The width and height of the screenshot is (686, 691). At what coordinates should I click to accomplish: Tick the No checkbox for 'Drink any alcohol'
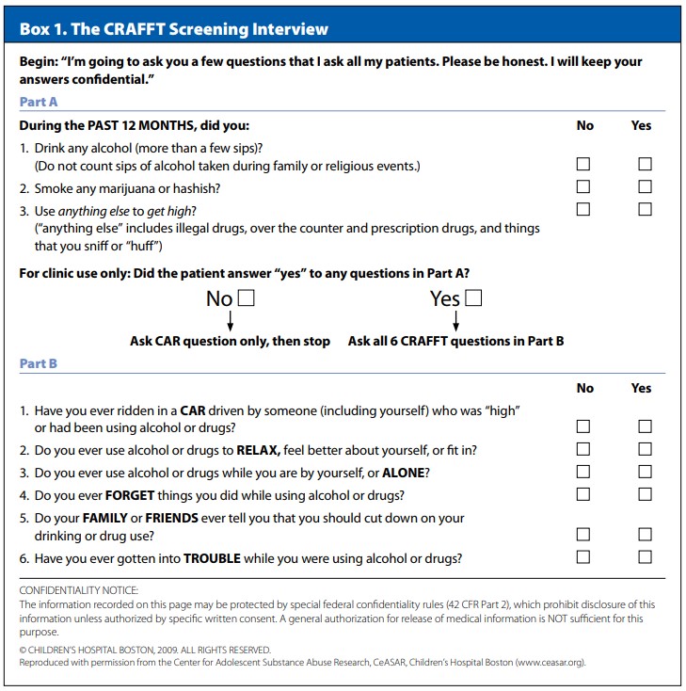(x=583, y=164)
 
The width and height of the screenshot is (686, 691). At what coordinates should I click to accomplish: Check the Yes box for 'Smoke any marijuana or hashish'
(x=645, y=186)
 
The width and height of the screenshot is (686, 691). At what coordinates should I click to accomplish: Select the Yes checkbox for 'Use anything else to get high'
(x=645, y=209)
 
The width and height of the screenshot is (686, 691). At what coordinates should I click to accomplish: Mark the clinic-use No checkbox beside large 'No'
(x=247, y=299)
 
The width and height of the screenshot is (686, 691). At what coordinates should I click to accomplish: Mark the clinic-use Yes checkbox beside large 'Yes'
(x=473, y=299)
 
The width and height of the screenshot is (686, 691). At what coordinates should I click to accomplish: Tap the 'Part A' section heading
(x=39, y=102)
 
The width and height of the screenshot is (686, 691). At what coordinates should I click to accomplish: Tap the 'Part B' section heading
(x=39, y=363)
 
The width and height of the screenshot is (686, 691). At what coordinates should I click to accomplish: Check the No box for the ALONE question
(x=583, y=472)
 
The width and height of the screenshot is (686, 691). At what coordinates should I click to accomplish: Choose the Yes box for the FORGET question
(x=645, y=494)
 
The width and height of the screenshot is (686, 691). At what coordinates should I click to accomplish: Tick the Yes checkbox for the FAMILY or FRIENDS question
(x=645, y=534)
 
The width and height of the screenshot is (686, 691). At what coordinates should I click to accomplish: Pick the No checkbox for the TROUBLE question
(x=583, y=556)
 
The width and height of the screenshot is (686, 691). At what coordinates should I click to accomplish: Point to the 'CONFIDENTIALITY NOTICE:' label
(x=78, y=589)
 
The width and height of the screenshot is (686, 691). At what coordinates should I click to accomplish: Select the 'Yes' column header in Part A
(x=641, y=125)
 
